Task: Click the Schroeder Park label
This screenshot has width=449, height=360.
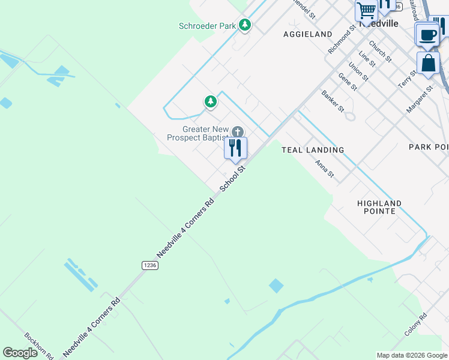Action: [x=207, y=26]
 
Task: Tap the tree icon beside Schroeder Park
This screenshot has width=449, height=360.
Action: [x=244, y=25]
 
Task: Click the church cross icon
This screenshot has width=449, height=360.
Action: [x=238, y=132]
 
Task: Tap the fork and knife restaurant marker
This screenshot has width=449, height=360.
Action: [x=235, y=148]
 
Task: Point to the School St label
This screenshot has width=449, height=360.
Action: [x=233, y=179]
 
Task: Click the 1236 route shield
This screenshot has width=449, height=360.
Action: [x=149, y=265]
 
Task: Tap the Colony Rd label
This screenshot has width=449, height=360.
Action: [x=415, y=325]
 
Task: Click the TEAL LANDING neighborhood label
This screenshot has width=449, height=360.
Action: [x=313, y=150]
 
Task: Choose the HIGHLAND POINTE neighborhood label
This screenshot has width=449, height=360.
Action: [x=379, y=208]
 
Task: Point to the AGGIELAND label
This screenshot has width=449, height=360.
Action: [x=308, y=35]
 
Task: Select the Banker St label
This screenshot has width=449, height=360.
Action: [x=333, y=101]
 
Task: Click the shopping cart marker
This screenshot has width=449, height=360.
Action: [x=366, y=10]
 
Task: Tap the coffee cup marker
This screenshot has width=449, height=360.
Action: [x=427, y=34]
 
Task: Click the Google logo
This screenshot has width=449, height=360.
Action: [x=21, y=353]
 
